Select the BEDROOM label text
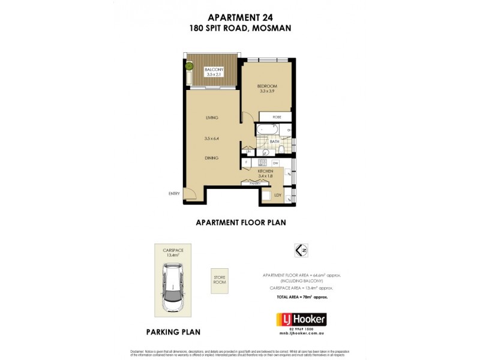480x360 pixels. click(268, 86)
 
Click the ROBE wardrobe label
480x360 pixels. click(277, 117)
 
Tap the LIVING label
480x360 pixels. click(211, 118)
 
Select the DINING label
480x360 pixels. click(211, 158)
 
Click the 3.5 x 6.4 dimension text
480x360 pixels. click(211, 138)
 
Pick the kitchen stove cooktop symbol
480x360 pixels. click(262, 163)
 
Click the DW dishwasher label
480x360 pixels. click(275, 163)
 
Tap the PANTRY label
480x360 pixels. click(255, 183)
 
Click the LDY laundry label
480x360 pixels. click(278, 196)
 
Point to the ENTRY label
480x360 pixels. click(175, 194)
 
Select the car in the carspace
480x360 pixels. click(172, 288)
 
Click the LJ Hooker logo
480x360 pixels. click(301, 319)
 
